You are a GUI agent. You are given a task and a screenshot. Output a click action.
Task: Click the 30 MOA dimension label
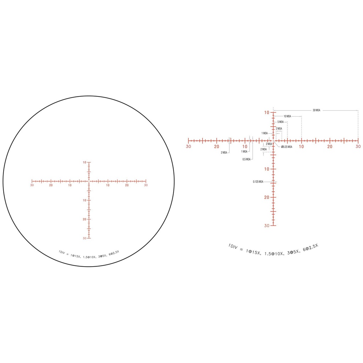[x=317, y=110]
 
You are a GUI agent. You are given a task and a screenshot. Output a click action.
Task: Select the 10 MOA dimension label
[x=287, y=116]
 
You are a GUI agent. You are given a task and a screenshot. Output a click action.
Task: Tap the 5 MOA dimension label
[x=280, y=122]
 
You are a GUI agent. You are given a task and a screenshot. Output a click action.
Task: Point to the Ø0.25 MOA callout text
[x=286, y=147]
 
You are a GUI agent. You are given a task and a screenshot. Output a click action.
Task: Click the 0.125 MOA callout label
[x=258, y=182]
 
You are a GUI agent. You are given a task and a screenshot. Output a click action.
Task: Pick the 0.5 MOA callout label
[x=246, y=159]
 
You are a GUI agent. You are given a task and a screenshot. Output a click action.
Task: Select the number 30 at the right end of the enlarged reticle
[x=358, y=146]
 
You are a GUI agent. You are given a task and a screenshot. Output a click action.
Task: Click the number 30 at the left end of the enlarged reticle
[x=188, y=146]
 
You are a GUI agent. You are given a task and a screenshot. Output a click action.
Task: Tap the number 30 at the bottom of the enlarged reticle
[x=267, y=225]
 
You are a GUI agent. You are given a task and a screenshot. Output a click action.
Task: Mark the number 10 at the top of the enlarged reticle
[x=267, y=112]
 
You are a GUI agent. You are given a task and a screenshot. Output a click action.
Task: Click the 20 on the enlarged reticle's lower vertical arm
[x=267, y=197]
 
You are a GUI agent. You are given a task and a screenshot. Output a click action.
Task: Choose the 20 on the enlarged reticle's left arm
[x=217, y=146]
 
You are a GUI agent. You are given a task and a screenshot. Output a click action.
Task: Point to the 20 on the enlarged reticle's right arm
[x=330, y=146]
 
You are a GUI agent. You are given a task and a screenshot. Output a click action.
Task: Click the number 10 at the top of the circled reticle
[x=84, y=162]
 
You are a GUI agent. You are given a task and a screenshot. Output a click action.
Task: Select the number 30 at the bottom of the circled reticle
[x=84, y=238]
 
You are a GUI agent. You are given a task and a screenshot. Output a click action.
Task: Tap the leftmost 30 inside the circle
[x=32, y=185]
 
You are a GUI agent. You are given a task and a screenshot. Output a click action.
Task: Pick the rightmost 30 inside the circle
[x=146, y=185]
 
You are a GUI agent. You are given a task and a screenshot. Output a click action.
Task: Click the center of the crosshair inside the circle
[x=89, y=181]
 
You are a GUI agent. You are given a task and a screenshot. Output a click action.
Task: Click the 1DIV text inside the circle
[x=63, y=252]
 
